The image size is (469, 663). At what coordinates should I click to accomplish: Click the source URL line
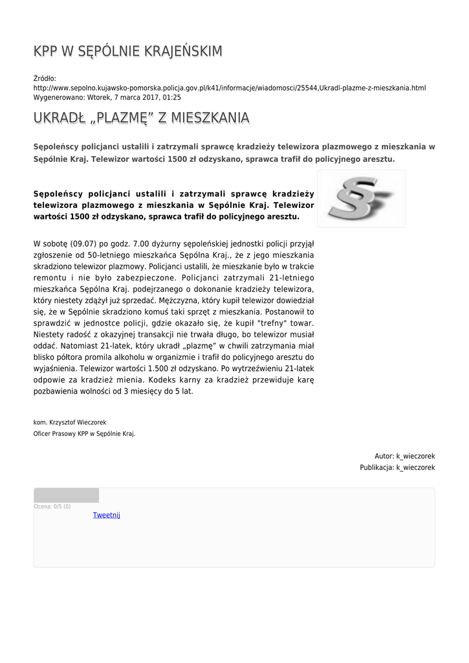(x=229, y=87)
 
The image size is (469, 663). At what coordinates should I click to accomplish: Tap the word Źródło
(x=45, y=78)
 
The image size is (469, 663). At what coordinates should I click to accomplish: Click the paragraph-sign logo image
(x=361, y=198)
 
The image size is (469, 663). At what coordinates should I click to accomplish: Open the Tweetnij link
(x=106, y=515)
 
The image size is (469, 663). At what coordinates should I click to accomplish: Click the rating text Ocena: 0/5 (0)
(x=52, y=506)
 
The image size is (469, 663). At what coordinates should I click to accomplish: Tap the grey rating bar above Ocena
(x=66, y=495)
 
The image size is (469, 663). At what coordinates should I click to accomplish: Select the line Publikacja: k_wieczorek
(x=397, y=467)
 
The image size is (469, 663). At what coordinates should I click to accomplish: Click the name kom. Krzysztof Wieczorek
(x=69, y=422)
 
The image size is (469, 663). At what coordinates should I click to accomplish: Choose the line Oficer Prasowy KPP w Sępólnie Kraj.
(x=84, y=434)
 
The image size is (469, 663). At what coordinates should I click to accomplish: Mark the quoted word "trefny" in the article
(x=270, y=322)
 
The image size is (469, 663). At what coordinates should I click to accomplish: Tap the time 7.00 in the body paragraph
(x=140, y=243)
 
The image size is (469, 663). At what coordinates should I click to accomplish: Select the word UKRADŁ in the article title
(x=60, y=118)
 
